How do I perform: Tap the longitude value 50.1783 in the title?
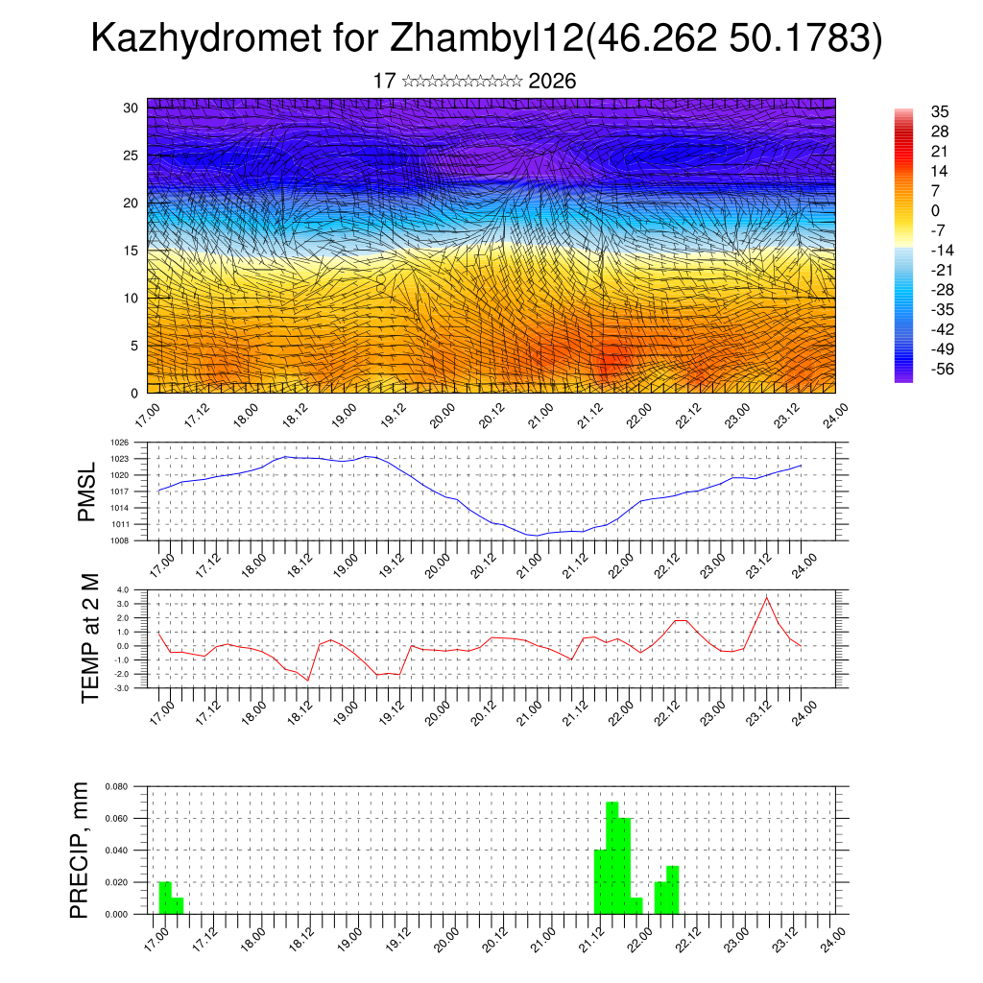[803, 39]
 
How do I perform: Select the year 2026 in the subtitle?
[552, 82]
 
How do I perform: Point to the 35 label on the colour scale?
[940, 112]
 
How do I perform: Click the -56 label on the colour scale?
[941, 370]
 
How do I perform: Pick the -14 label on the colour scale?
[941, 250]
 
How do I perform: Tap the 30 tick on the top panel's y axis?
[131, 108]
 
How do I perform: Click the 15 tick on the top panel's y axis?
[131, 251]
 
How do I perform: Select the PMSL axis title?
[87, 492]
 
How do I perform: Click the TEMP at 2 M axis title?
[90, 638]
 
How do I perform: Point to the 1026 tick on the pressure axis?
[119, 443]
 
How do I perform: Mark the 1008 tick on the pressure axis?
[119, 540]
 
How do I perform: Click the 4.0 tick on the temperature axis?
[122, 590]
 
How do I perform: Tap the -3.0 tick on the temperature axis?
[121, 688]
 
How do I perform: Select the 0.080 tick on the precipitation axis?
[116, 786]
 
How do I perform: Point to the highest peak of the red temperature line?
[766, 597]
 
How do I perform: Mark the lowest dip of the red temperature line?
[308, 680]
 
